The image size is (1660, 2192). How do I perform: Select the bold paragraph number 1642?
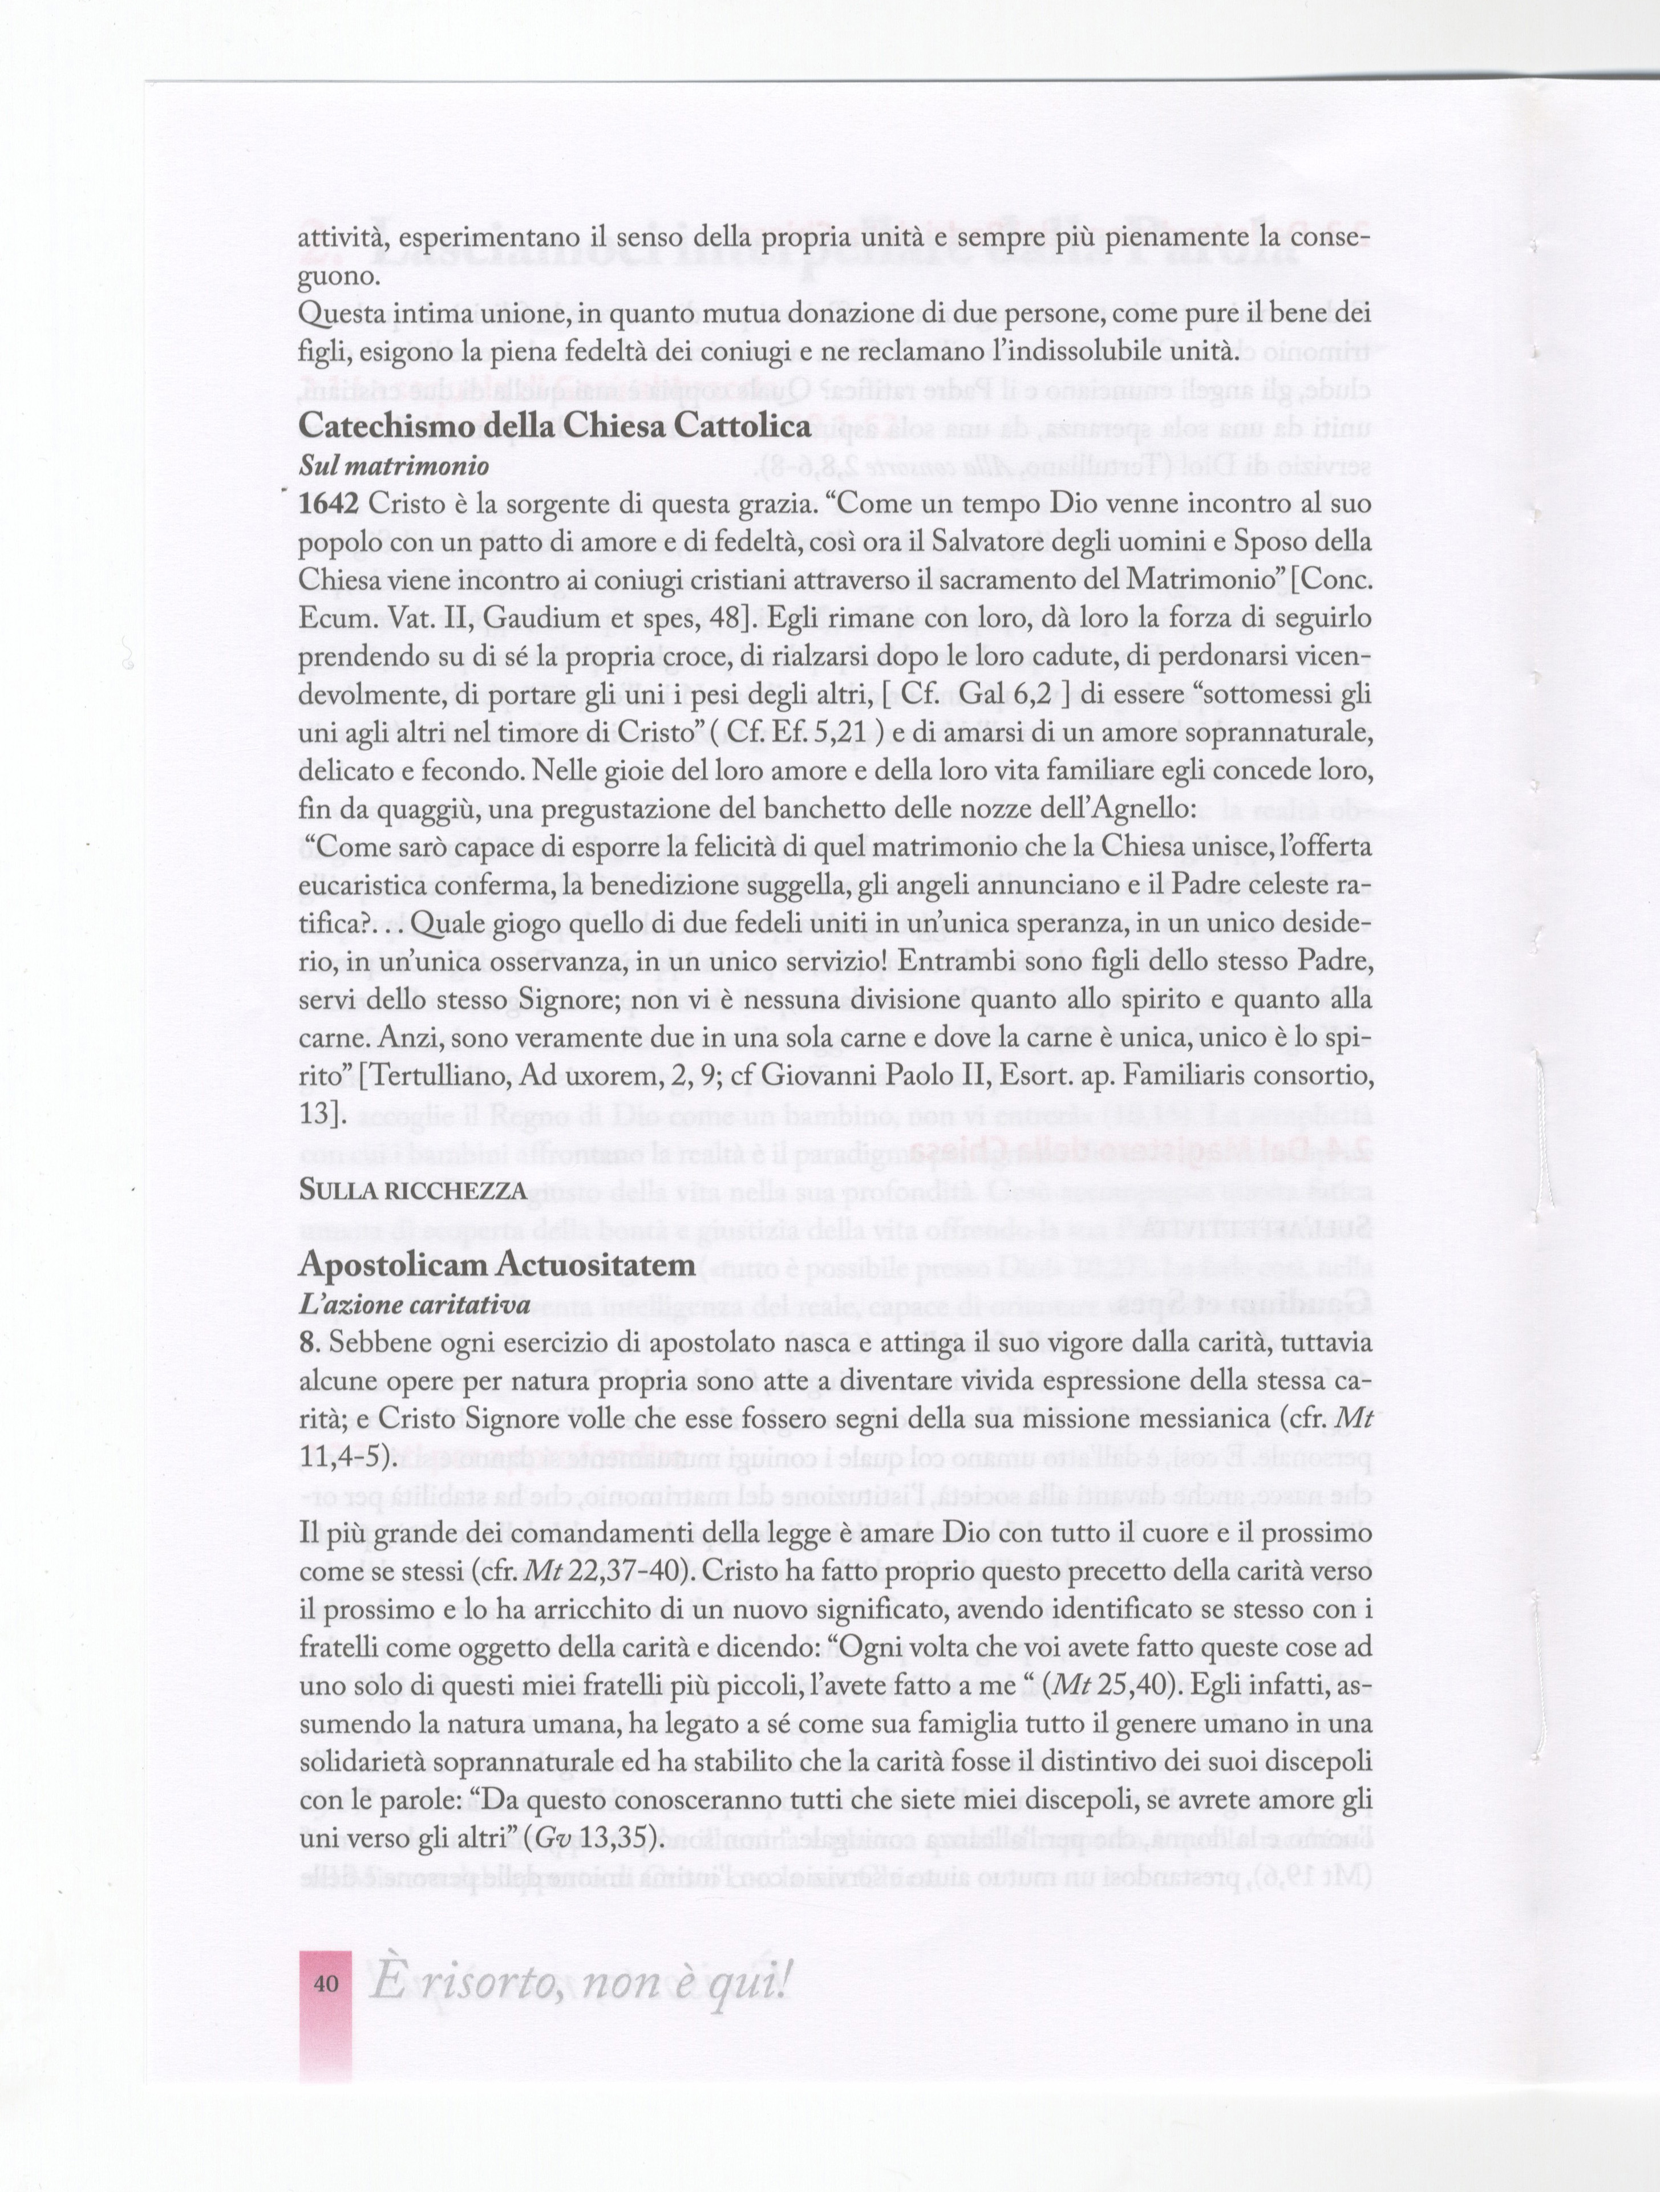click(329, 505)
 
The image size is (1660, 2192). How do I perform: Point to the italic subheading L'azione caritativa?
click(414, 1305)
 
